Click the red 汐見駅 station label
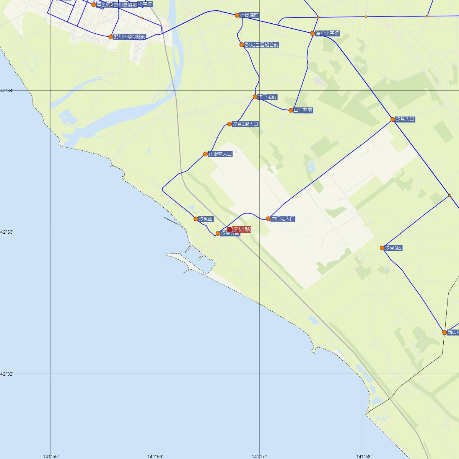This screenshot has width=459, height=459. [x=241, y=229]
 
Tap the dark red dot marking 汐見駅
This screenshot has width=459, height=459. [x=229, y=229]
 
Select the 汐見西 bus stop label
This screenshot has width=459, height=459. [x=206, y=219]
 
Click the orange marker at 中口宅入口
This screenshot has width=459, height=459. [x=269, y=219]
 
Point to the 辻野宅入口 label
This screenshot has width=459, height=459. [x=220, y=154]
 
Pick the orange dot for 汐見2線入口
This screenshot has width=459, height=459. [x=229, y=124]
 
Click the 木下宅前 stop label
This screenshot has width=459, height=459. [x=267, y=97]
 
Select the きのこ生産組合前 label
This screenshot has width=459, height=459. [x=262, y=45]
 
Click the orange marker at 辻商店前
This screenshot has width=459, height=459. [x=237, y=15]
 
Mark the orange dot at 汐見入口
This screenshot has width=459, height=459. [x=393, y=119]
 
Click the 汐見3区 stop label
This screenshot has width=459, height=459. [x=394, y=248]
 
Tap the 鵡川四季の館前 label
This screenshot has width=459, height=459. [x=130, y=37]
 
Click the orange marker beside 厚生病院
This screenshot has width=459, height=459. [x=94, y=5]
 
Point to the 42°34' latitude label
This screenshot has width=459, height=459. [x=7, y=91]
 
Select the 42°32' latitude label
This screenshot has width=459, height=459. [x=7, y=374]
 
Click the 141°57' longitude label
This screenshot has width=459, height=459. [x=259, y=456]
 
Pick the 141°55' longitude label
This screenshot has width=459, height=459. [x=51, y=456]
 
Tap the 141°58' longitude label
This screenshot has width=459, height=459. [x=364, y=456]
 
